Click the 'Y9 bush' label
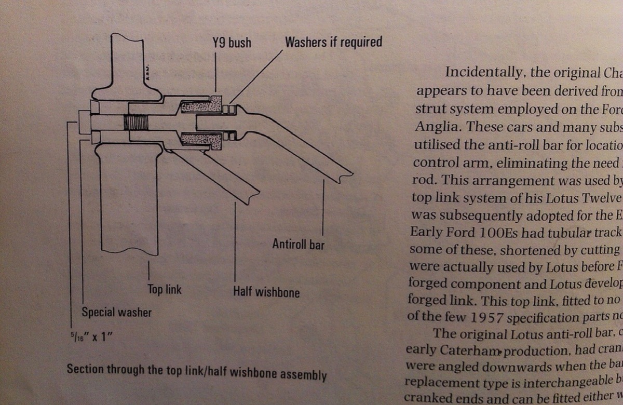click(232, 43)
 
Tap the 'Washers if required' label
click(333, 42)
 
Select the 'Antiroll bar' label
click(298, 244)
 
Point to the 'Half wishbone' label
click(266, 292)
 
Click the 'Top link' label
click(165, 289)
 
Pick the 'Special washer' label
click(117, 312)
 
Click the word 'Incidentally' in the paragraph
click(480, 72)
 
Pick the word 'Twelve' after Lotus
click(599, 199)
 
